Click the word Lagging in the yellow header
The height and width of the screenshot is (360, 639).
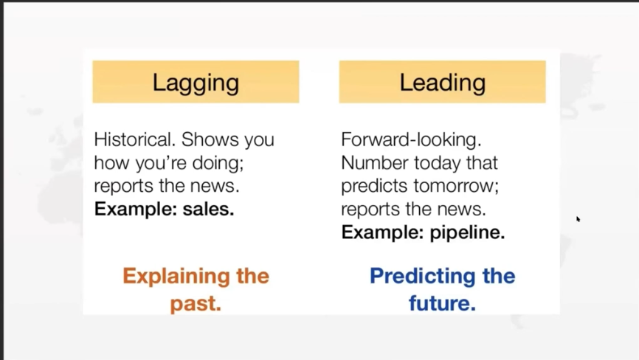(x=196, y=83)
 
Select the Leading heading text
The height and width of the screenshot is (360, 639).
(x=443, y=83)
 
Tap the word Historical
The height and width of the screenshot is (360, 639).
(x=135, y=139)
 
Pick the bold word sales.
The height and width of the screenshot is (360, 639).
(x=208, y=210)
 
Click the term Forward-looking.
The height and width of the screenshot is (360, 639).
(x=411, y=140)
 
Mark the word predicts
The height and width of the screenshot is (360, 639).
(x=375, y=186)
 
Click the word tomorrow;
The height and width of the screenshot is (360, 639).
(x=457, y=186)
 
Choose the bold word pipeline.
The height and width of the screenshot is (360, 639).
(x=467, y=233)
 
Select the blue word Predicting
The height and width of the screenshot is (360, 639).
(x=423, y=276)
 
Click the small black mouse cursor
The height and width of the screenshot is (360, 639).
(x=578, y=219)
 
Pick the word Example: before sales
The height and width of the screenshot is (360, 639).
(x=136, y=210)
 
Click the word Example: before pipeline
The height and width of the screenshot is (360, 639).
(x=383, y=233)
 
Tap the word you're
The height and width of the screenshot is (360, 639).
(x=161, y=164)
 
